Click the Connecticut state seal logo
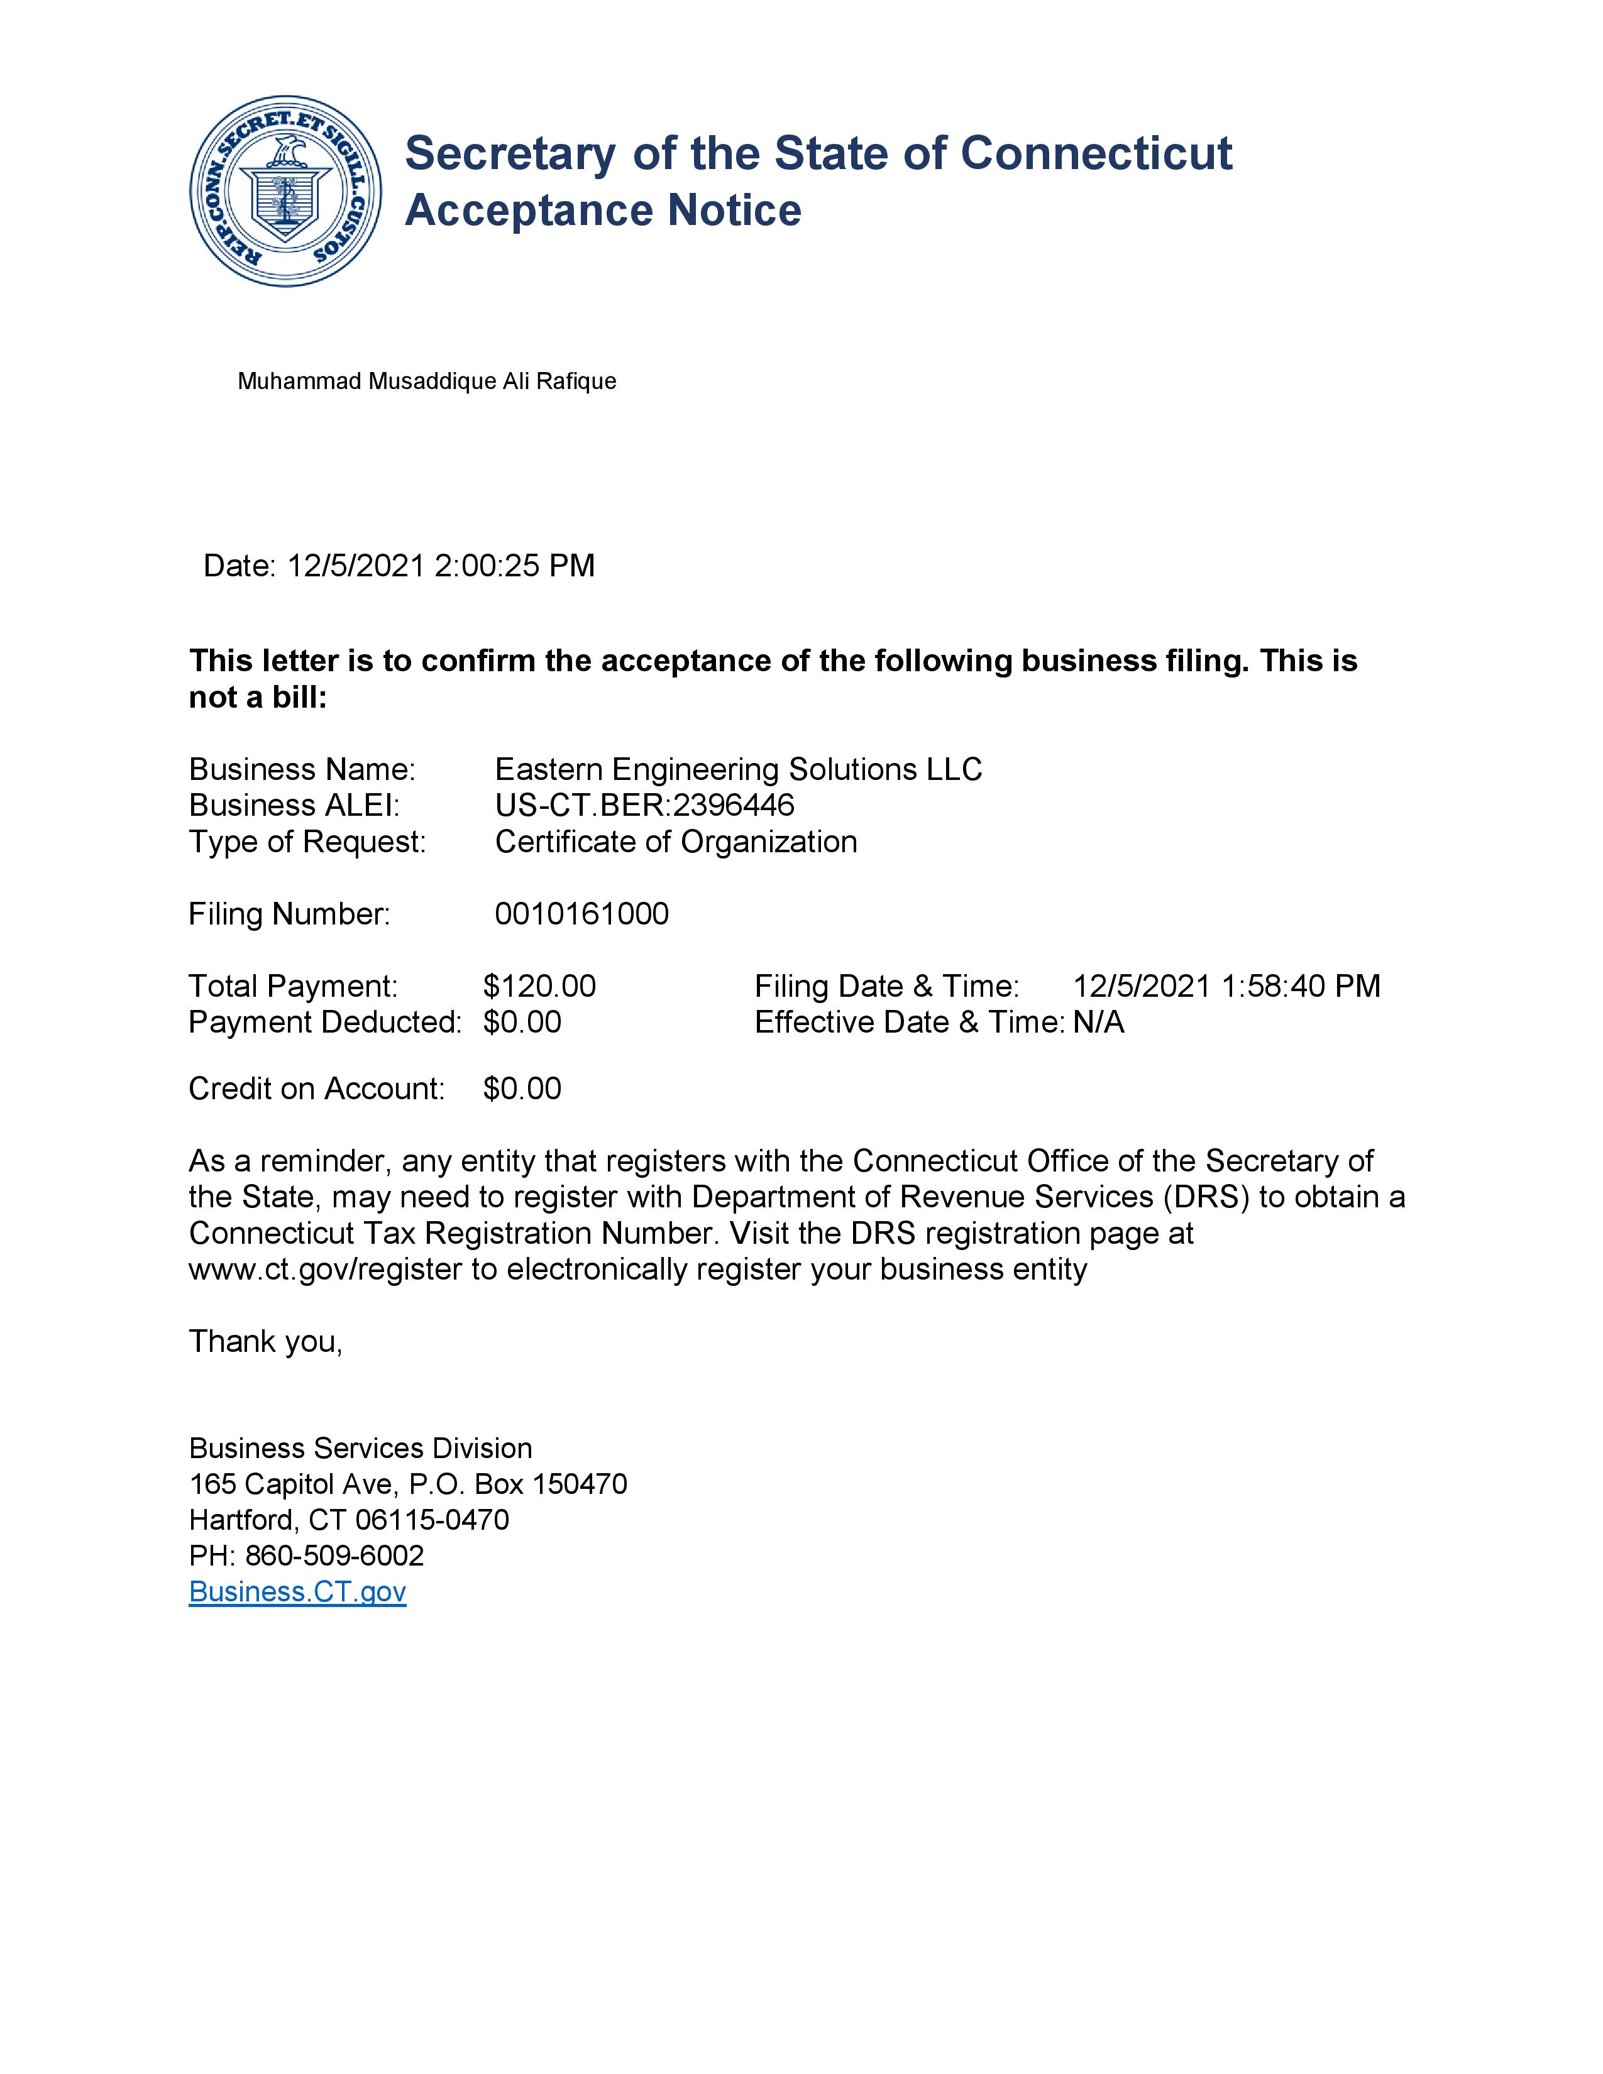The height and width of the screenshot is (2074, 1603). [286, 191]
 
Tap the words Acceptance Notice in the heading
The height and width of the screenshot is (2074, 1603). [603, 211]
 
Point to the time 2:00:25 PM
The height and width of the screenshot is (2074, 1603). [514, 566]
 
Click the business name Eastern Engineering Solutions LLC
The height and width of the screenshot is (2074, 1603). [738, 769]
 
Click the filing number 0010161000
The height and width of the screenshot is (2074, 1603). [581, 914]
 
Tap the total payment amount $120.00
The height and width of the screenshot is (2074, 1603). [539, 987]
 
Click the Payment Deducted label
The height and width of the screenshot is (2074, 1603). [325, 1023]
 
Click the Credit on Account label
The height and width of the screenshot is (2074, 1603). [316, 1089]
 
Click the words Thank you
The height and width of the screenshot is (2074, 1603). [265, 1342]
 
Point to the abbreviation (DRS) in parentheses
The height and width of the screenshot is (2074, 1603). [1206, 1197]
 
